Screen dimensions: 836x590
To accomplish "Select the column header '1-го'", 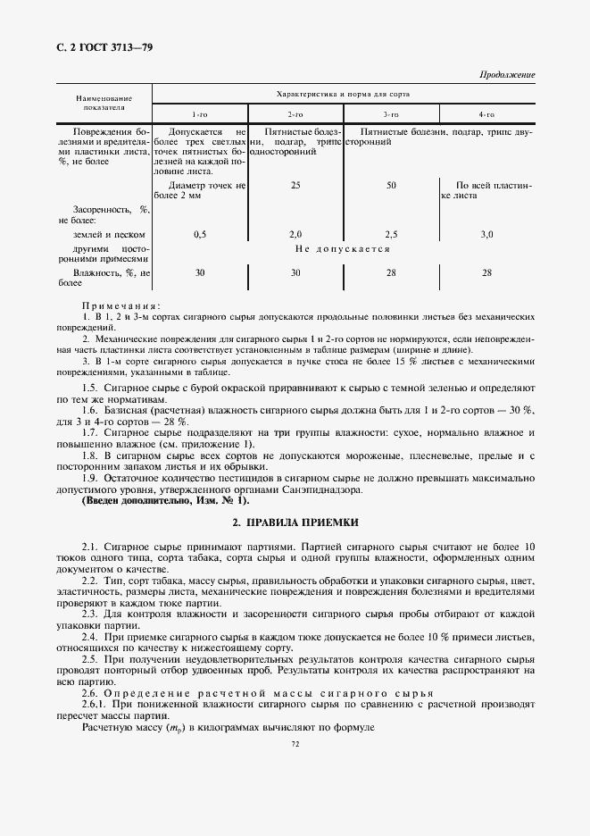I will (201, 114).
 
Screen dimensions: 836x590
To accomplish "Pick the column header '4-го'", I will (486, 114).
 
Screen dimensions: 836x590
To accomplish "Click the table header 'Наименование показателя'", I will (104, 102).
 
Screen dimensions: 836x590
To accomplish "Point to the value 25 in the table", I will (295, 186).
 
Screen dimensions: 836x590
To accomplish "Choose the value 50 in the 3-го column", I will (391, 186).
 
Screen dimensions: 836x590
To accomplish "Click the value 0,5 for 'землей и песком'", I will (201, 233).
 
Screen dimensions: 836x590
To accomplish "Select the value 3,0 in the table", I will (486, 233).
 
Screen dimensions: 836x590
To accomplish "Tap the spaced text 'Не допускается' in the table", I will (343, 249).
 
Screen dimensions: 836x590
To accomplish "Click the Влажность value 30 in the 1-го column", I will (201, 273).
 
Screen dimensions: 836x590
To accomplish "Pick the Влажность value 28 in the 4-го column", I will (486, 273).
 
